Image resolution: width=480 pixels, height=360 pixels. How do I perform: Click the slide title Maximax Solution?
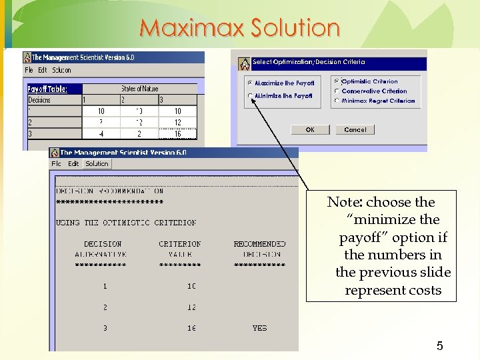point(240,28)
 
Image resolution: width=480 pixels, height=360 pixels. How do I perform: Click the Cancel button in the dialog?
point(355,130)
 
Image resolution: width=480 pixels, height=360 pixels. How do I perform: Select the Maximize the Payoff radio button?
point(251,83)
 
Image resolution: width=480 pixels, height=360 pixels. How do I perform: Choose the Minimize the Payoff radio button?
point(251,96)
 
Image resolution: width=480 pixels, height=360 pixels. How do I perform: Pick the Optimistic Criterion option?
point(337,81)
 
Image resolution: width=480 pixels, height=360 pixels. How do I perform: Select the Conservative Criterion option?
point(337,91)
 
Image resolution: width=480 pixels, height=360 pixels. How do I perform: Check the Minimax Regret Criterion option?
point(337,101)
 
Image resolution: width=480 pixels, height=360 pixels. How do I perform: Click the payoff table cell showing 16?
point(177,133)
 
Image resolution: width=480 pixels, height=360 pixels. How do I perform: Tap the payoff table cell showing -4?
point(100,133)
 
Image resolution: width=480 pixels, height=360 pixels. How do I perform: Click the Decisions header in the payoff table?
point(39,100)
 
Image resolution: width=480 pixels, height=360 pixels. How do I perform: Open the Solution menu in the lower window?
point(97,164)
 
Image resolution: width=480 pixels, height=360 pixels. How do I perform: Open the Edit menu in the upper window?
point(43,70)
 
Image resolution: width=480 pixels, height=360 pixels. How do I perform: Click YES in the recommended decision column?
point(259,328)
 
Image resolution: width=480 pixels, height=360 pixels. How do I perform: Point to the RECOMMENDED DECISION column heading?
point(259,249)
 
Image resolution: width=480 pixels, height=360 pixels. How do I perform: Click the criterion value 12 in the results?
point(191,307)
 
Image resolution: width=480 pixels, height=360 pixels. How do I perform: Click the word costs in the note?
point(427,291)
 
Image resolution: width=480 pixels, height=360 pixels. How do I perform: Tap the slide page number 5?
point(439,346)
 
